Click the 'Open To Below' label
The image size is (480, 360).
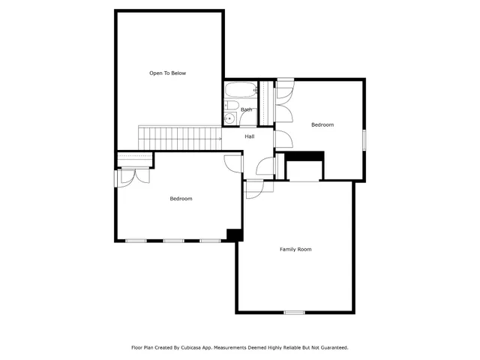pos(167,73)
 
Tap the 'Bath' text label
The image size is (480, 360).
pos(246,110)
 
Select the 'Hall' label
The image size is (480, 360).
pos(249,136)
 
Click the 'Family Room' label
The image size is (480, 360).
pos(295,249)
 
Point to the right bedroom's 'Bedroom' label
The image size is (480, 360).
pos(322,124)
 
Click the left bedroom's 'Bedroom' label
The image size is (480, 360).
pos(181,199)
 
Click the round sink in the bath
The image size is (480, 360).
pos(230,118)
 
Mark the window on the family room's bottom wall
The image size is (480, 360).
pos(294,312)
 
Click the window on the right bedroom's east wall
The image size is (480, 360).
pos(364,140)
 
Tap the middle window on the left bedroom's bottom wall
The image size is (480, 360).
pos(174,241)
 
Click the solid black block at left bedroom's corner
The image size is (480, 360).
pos(235,235)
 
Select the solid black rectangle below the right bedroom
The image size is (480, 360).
pos(305,156)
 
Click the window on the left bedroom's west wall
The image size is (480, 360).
pos(115,178)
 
